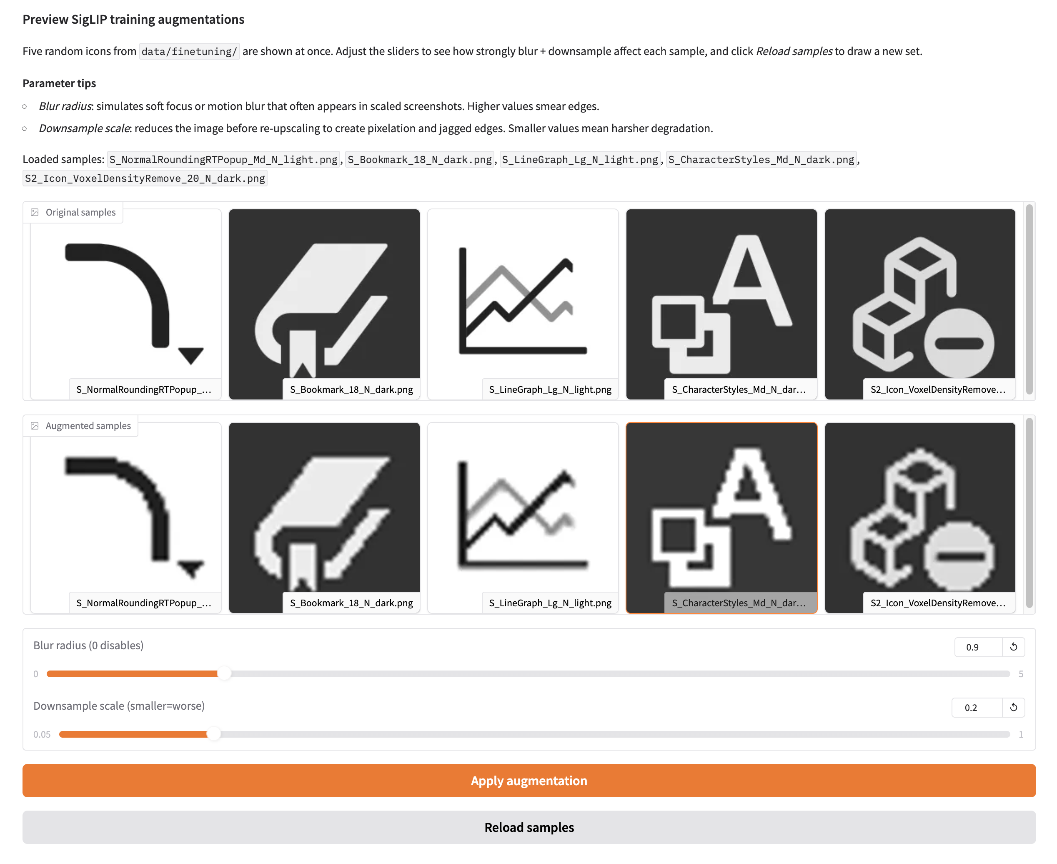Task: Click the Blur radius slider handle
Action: pos(224,673)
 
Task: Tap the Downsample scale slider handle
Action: pos(213,734)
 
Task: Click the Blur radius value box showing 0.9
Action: pos(977,647)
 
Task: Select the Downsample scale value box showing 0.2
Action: pos(975,707)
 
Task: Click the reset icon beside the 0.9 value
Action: pos(1013,647)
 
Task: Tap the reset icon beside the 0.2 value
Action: pos(1013,707)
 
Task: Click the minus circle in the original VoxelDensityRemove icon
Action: pos(959,343)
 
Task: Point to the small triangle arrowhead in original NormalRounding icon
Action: pos(191,355)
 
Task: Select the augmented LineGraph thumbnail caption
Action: pos(550,603)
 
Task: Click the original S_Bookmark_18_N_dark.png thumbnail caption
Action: pos(351,389)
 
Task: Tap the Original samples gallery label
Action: pos(80,213)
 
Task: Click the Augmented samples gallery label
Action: pos(88,426)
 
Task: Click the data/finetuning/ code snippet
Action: pos(189,51)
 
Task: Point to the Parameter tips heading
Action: pos(59,83)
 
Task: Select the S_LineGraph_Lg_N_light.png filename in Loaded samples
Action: pos(579,159)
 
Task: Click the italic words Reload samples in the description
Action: pos(794,51)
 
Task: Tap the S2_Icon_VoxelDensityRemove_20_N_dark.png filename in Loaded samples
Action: pos(145,178)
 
